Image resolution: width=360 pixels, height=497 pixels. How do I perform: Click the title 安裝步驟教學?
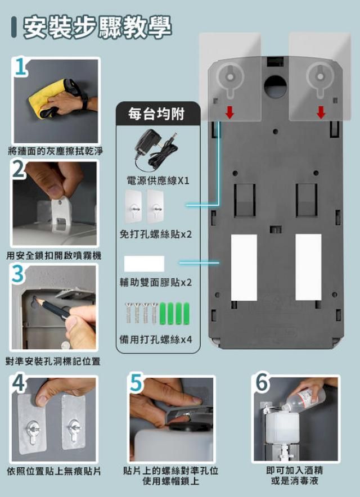coord(97,27)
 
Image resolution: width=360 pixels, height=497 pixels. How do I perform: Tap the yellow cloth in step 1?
coord(48,98)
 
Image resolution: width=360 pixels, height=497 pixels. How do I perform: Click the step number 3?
coord(17,274)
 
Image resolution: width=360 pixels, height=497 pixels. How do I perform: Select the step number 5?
coord(136,383)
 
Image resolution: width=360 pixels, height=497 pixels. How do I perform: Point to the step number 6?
coord(262,383)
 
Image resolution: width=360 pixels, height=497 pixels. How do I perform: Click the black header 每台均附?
coord(156,114)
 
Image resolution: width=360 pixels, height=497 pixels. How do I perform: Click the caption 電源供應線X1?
coord(158,180)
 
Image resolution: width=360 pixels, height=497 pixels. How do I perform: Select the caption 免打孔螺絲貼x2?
coord(156,234)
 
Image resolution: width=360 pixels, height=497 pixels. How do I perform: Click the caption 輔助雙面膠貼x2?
coord(156,282)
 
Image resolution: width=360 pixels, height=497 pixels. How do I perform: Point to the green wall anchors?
coord(174,314)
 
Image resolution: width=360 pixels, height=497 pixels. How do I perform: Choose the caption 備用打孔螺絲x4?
coord(156,340)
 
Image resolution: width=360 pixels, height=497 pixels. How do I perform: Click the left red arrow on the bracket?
coord(229,112)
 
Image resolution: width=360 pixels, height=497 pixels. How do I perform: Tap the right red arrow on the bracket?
coord(321,112)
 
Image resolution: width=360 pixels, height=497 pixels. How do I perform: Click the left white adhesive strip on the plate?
coord(244,268)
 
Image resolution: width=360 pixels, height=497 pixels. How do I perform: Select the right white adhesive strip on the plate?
coord(308,267)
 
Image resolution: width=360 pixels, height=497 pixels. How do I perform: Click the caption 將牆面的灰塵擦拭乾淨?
coord(56,151)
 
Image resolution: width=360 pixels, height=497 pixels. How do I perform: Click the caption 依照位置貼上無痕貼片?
coord(54,471)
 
